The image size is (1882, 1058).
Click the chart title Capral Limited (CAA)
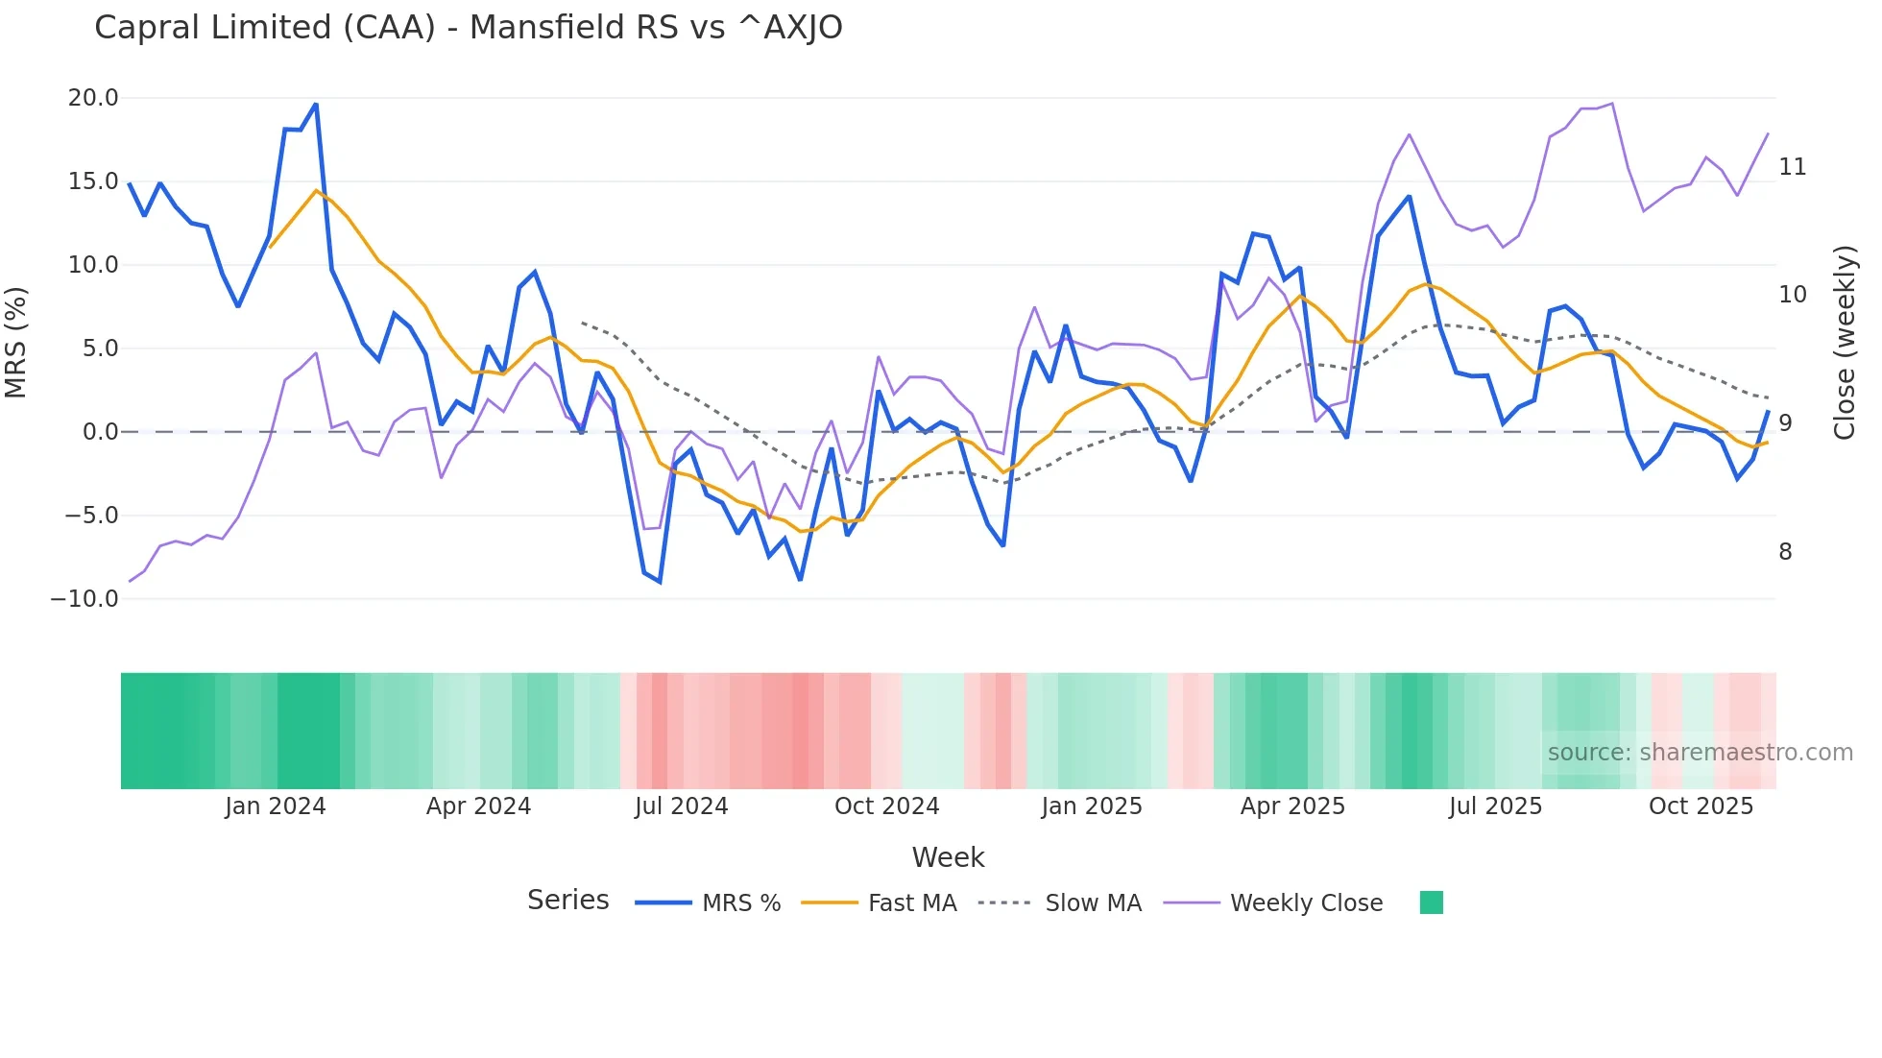[468, 27]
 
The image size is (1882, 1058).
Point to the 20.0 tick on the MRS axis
[93, 98]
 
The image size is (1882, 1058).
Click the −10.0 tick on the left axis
[84, 599]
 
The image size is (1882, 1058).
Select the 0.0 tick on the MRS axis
[100, 432]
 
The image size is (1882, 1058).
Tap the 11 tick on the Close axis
[1792, 167]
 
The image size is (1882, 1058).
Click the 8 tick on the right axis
[1785, 552]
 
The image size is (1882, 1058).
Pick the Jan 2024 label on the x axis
[276, 806]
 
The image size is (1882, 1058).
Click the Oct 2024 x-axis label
[886, 806]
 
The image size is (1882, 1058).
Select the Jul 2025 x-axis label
[1495, 806]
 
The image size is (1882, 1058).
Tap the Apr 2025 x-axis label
[1292, 806]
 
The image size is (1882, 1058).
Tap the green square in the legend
[1431, 902]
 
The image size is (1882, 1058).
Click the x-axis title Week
[948, 857]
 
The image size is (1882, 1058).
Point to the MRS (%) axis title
[16, 343]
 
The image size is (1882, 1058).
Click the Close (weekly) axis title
[1844, 343]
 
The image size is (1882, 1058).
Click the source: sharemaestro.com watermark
[1700, 753]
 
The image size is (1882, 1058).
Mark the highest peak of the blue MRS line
[316, 105]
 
